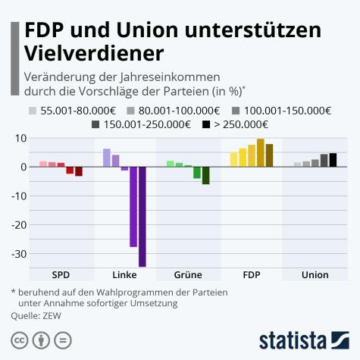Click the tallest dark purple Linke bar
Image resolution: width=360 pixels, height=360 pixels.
click(x=142, y=216)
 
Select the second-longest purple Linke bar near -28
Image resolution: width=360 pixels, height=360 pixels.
click(x=133, y=206)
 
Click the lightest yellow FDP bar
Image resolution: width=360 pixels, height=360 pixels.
click(x=234, y=159)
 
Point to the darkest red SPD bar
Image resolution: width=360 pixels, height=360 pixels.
click(x=79, y=171)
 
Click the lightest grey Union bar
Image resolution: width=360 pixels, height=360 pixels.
click(x=297, y=164)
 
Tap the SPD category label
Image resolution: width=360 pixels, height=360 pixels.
click(x=61, y=275)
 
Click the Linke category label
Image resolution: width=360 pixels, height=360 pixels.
click(x=124, y=275)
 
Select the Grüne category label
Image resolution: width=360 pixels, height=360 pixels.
click(x=187, y=275)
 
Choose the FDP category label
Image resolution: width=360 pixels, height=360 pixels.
click(x=252, y=275)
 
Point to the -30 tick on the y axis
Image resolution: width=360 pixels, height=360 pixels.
click(x=17, y=254)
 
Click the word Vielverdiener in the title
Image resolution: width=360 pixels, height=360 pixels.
click(x=93, y=54)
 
